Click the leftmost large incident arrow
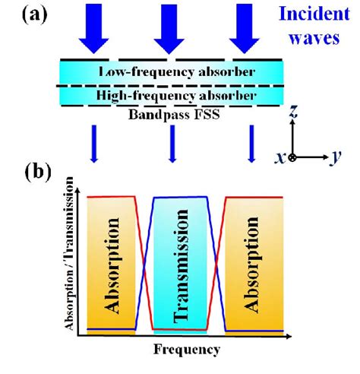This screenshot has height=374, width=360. click(95, 26)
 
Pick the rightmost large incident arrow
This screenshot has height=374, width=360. click(251, 26)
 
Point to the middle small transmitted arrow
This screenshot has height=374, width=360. click(173, 144)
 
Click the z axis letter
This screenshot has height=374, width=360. click(292, 113)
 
